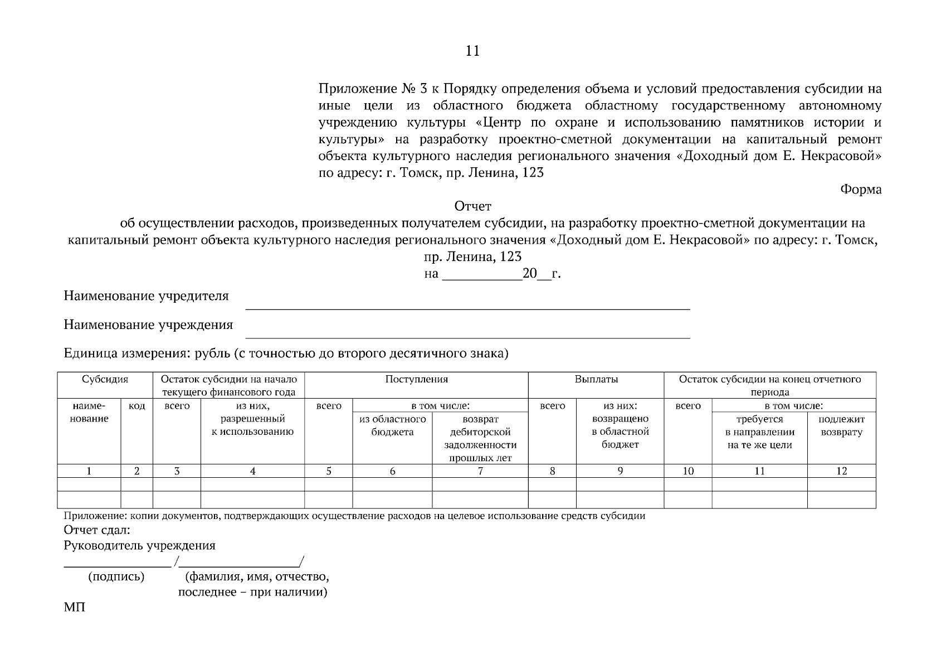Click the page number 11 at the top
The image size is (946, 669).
coord(472,51)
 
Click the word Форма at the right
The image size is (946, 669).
coord(860,190)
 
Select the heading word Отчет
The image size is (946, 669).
coord(473,206)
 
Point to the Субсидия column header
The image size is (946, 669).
coord(105,379)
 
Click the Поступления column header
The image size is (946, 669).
coord(416,379)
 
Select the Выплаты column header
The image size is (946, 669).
coord(596,379)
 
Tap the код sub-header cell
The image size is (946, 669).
coord(136,406)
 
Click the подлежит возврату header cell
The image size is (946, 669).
coord(841,425)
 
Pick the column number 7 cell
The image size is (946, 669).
coord(480,471)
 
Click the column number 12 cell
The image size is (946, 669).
coord(841,471)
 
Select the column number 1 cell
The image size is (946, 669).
coord(89,471)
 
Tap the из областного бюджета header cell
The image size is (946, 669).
coord(392,425)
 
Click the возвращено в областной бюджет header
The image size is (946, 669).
coord(620,432)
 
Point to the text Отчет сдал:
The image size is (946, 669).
coord(97,530)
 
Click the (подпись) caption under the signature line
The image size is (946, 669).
coord(116,576)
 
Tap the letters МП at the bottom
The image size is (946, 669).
coord(75,607)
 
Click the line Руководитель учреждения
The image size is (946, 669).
coord(139,545)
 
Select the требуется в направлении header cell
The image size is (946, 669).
coord(759,432)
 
